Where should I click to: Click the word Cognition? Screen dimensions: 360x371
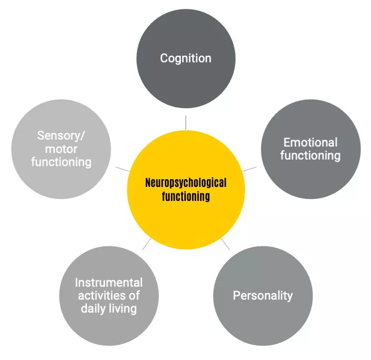185,58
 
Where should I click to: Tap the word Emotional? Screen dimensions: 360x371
310,143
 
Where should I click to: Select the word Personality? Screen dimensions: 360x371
262,295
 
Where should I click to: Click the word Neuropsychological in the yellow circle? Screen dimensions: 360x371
186,182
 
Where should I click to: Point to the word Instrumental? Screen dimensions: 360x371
109,283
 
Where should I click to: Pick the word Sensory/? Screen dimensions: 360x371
61,136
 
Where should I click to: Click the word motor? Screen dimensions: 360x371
61,149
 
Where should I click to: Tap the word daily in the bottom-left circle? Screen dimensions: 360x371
95,309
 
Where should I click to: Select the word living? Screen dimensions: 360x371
123,309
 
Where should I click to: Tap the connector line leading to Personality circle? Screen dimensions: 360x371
225,244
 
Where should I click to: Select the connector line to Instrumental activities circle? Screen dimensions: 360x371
146,244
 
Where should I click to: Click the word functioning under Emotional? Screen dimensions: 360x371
310,156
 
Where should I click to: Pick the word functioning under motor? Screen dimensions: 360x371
61,162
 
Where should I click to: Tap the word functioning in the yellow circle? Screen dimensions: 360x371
186,196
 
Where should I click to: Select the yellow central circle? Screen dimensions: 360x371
186,219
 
